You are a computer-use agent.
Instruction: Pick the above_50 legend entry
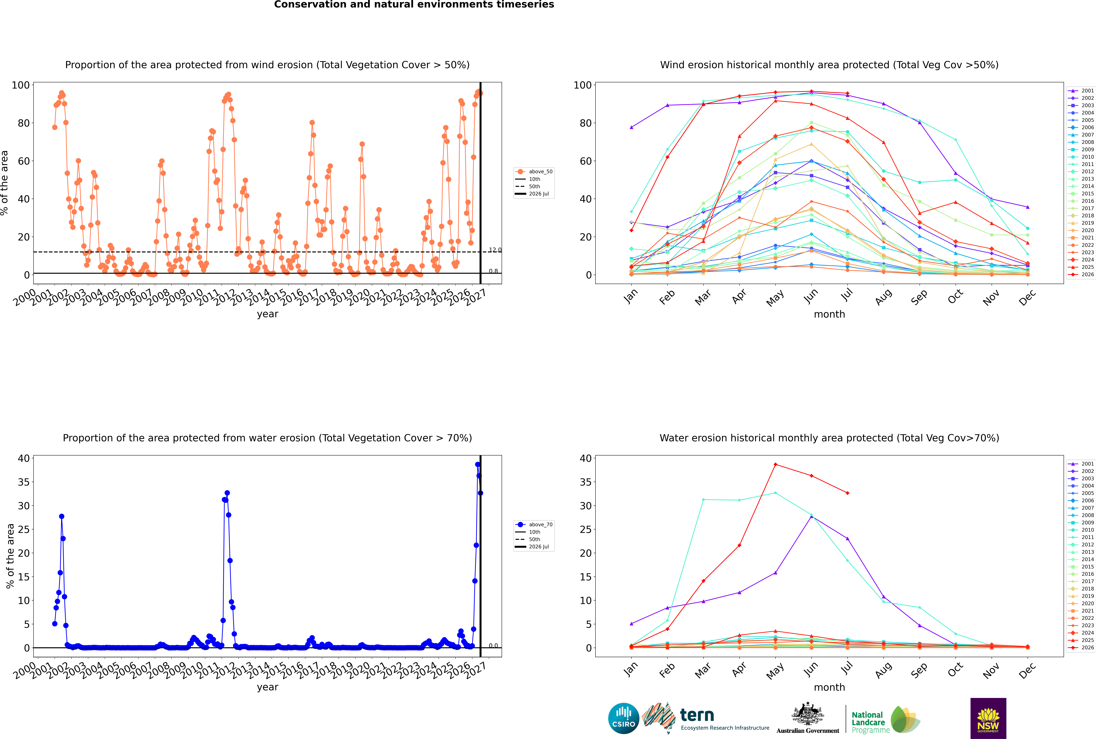click(534, 172)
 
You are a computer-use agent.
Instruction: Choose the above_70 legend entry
click(534, 525)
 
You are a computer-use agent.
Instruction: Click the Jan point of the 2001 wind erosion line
click(631, 127)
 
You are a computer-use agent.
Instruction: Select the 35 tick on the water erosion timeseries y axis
click(24, 482)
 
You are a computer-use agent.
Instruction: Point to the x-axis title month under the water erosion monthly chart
click(829, 687)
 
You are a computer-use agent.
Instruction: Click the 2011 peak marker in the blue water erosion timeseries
click(227, 493)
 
